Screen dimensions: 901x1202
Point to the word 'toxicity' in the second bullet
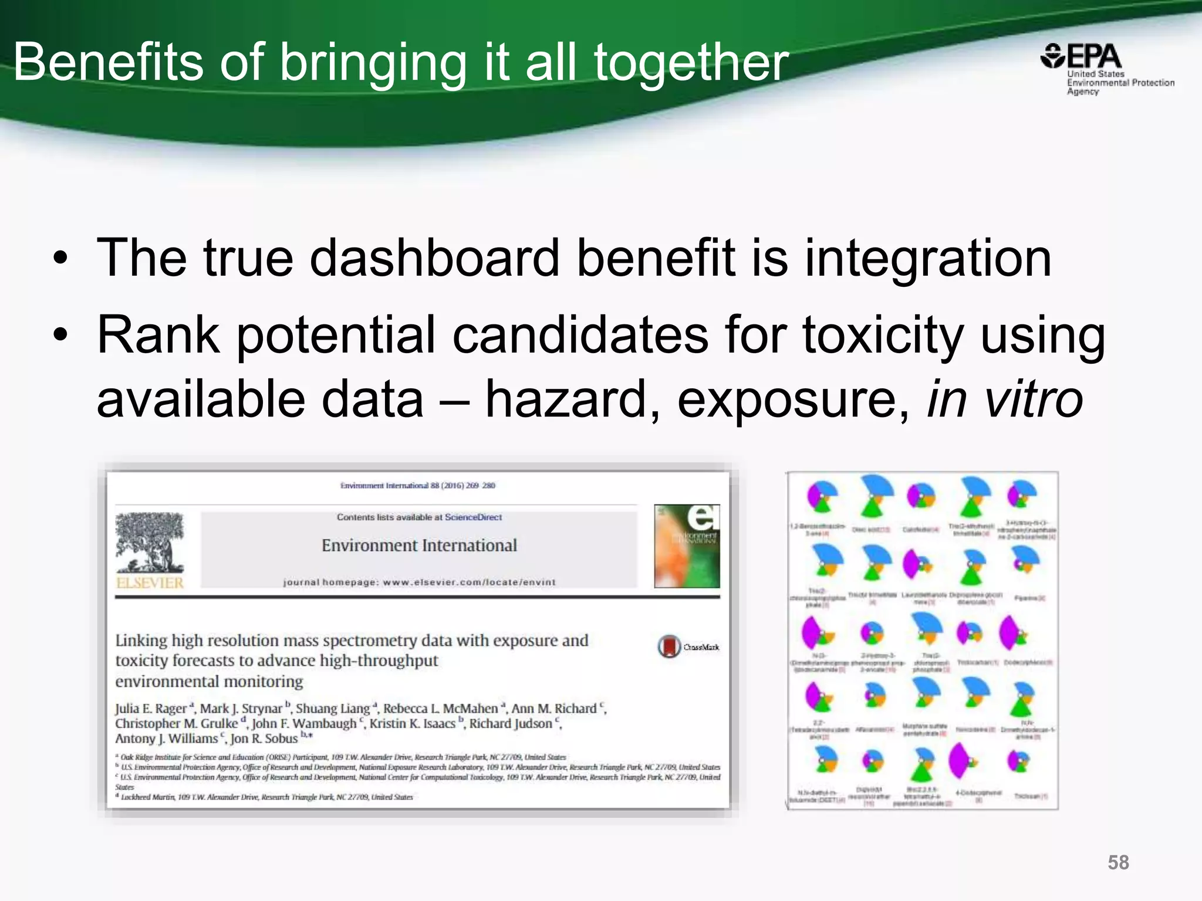tap(882, 336)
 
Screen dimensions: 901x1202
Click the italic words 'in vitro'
tap(1004, 400)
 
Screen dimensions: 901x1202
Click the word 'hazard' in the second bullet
tap(573, 400)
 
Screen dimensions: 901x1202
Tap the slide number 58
tap(1117, 862)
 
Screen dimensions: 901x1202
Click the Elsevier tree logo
tap(150, 543)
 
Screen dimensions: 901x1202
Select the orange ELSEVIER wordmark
tap(150, 583)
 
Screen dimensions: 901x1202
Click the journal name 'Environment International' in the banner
tap(419, 546)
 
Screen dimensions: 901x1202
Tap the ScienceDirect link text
tap(473, 517)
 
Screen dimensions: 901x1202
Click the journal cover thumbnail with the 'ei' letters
tap(687, 546)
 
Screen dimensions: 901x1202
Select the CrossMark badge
tap(669, 646)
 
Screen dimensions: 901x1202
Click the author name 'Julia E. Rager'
tap(151, 709)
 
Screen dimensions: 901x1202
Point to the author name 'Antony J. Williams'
tap(167, 739)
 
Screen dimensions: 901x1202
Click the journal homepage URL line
tap(419, 582)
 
